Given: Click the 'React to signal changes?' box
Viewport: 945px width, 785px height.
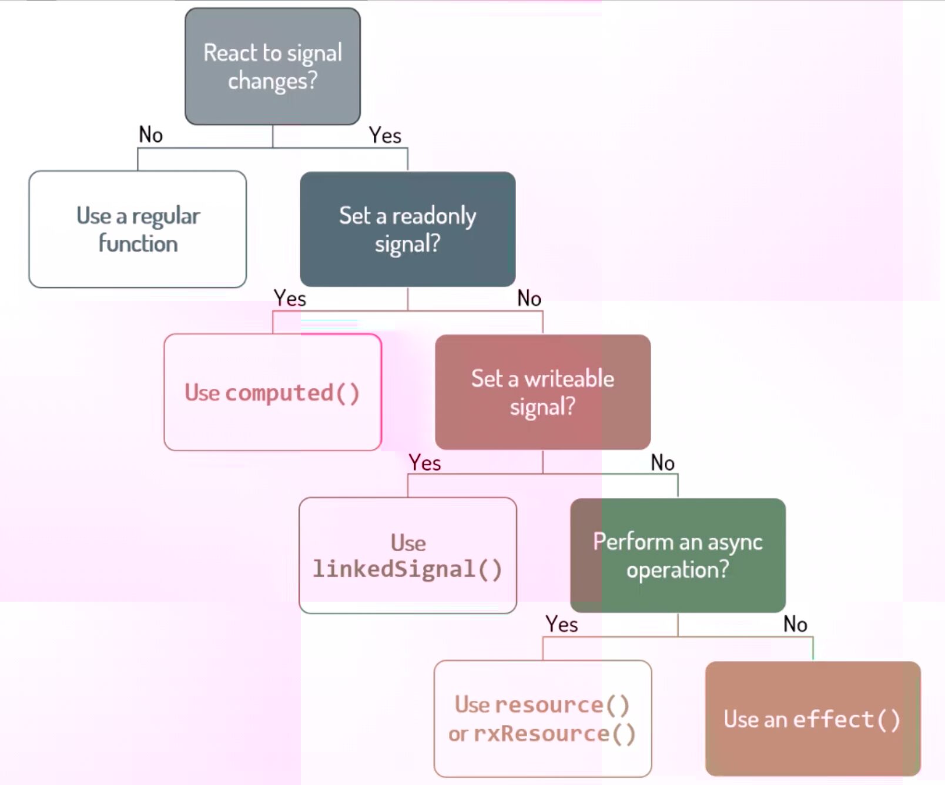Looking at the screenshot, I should (x=273, y=66).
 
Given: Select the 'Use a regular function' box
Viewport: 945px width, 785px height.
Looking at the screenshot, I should (x=138, y=229).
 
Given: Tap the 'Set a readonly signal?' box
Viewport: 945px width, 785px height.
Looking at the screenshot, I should (x=407, y=229).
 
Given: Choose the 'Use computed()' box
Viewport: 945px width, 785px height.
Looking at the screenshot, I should (x=273, y=392).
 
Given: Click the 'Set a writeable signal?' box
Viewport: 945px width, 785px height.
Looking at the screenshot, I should (x=542, y=392).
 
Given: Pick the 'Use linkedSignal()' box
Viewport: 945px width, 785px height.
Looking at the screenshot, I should (x=407, y=555).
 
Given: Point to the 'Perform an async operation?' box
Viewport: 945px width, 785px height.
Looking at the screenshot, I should (x=678, y=555).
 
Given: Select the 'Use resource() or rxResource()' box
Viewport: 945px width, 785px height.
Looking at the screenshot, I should (x=542, y=719).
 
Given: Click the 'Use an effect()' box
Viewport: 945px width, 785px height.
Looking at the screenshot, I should (x=813, y=719).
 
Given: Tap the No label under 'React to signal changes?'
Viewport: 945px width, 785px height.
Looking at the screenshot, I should (x=150, y=135).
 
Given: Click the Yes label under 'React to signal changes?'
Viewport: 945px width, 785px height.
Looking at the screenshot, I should (x=385, y=136).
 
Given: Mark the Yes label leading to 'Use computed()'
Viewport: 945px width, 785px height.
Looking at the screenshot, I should (x=290, y=298).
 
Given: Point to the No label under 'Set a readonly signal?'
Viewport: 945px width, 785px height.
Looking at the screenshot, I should (x=529, y=298).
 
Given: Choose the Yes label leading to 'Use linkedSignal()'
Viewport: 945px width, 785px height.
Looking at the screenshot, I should (x=425, y=463).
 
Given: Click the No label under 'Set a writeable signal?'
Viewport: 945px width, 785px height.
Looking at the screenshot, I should (x=662, y=463).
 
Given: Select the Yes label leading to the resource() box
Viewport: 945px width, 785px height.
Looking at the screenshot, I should (x=561, y=624).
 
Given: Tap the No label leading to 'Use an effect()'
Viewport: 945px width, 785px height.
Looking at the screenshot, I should (x=795, y=624).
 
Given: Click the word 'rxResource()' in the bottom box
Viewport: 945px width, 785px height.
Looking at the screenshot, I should (x=555, y=734).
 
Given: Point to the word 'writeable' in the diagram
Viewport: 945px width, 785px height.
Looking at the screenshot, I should (x=569, y=379).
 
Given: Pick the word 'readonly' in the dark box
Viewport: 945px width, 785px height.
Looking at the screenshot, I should (x=434, y=216).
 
